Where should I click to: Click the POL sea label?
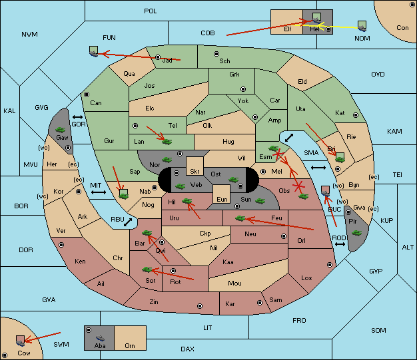pyautogui.click(x=151, y=11)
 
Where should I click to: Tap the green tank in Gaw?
pyautogui.click(x=61, y=130)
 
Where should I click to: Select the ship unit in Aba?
pyautogui.click(x=100, y=338)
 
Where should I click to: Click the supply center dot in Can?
pyautogui.click(x=87, y=94)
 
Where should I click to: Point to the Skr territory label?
pyautogui.click(x=195, y=172)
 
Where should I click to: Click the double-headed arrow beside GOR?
pyautogui.click(x=77, y=117)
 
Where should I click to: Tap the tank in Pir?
pyautogui.click(x=356, y=233)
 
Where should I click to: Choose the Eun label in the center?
pyautogui.click(x=222, y=199)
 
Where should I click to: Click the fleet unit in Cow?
pyautogui.click(x=20, y=341)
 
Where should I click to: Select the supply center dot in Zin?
pyautogui.click(x=200, y=306)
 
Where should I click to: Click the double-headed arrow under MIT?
pyautogui.click(x=99, y=192)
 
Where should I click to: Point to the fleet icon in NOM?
pyautogui.click(x=362, y=26)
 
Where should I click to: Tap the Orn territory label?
pyautogui.click(x=130, y=345)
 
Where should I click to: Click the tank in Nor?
pyautogui.click(x=167, y=160)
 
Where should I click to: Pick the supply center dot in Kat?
pyautogui.click(x=356, y=115)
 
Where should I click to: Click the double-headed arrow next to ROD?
pyautogui.click(x=340, y=244)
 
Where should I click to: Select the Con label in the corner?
pyautogui.click(x=402, y=28)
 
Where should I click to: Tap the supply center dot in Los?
pyautogui.click(x=330, y=265)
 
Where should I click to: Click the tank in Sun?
pyautogui.click(x=260, y=201)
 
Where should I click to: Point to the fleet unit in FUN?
pyautogui.click(x=94, y=51)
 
